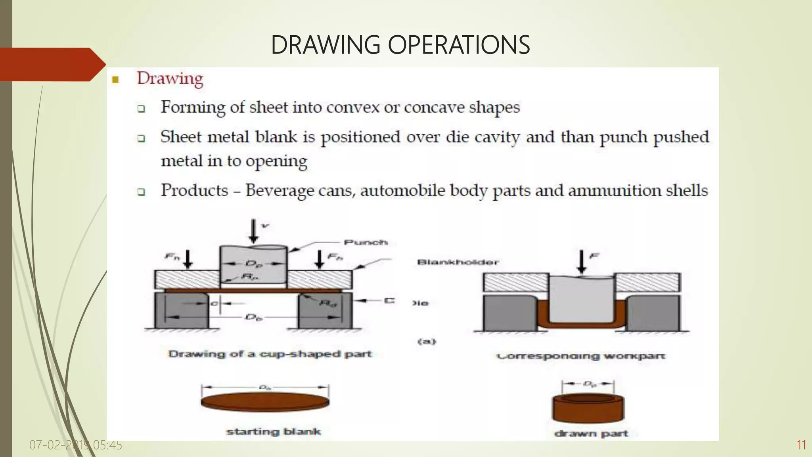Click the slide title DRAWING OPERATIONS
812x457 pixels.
coord(400,45)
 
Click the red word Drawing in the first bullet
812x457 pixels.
coord(170,78)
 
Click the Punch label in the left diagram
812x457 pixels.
coord(365,242)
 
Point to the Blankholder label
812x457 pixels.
coord(458,262)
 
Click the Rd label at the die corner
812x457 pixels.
coord(328,303)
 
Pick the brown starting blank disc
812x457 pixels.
coord(265,401)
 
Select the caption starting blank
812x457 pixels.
coord(273,432)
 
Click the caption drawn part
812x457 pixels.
coord(591,434)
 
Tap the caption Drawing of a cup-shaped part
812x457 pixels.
coord(270,354)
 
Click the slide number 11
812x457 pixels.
coord(801,445)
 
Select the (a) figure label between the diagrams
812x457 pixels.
coord(427,342)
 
